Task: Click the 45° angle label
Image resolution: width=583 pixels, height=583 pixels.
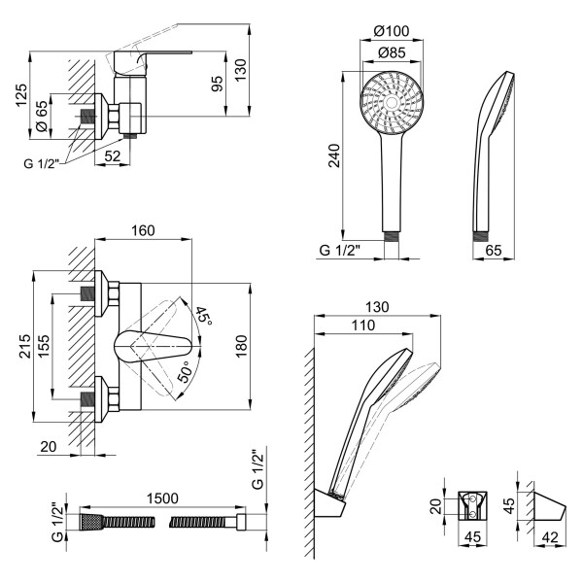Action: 202,315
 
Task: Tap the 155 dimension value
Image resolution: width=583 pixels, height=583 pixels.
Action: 44,345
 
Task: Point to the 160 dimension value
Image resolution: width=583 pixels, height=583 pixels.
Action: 143,231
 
